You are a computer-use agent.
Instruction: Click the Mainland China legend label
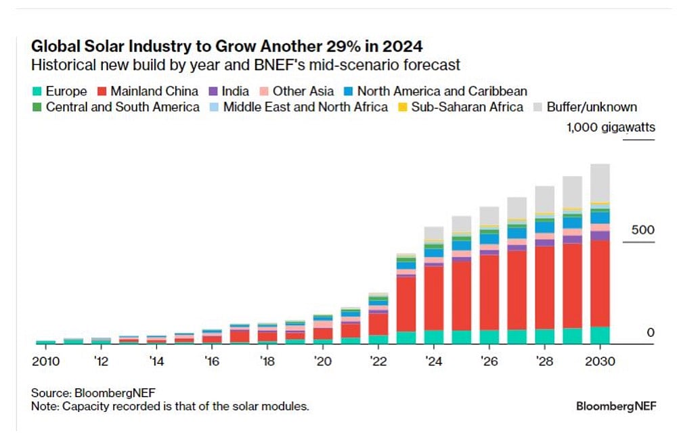click(154, 91)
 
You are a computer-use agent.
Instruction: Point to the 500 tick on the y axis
click(643, 230)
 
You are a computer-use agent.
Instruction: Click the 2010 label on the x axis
click(45, 361)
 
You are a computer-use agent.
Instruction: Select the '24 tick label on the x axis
click(433, 361)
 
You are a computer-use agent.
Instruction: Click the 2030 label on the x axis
click(600, 361)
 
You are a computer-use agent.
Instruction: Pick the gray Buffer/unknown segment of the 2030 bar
click(600, 183)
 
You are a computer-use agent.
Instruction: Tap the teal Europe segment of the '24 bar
click(433, 337)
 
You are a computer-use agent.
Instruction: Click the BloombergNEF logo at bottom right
click(613, 406)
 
